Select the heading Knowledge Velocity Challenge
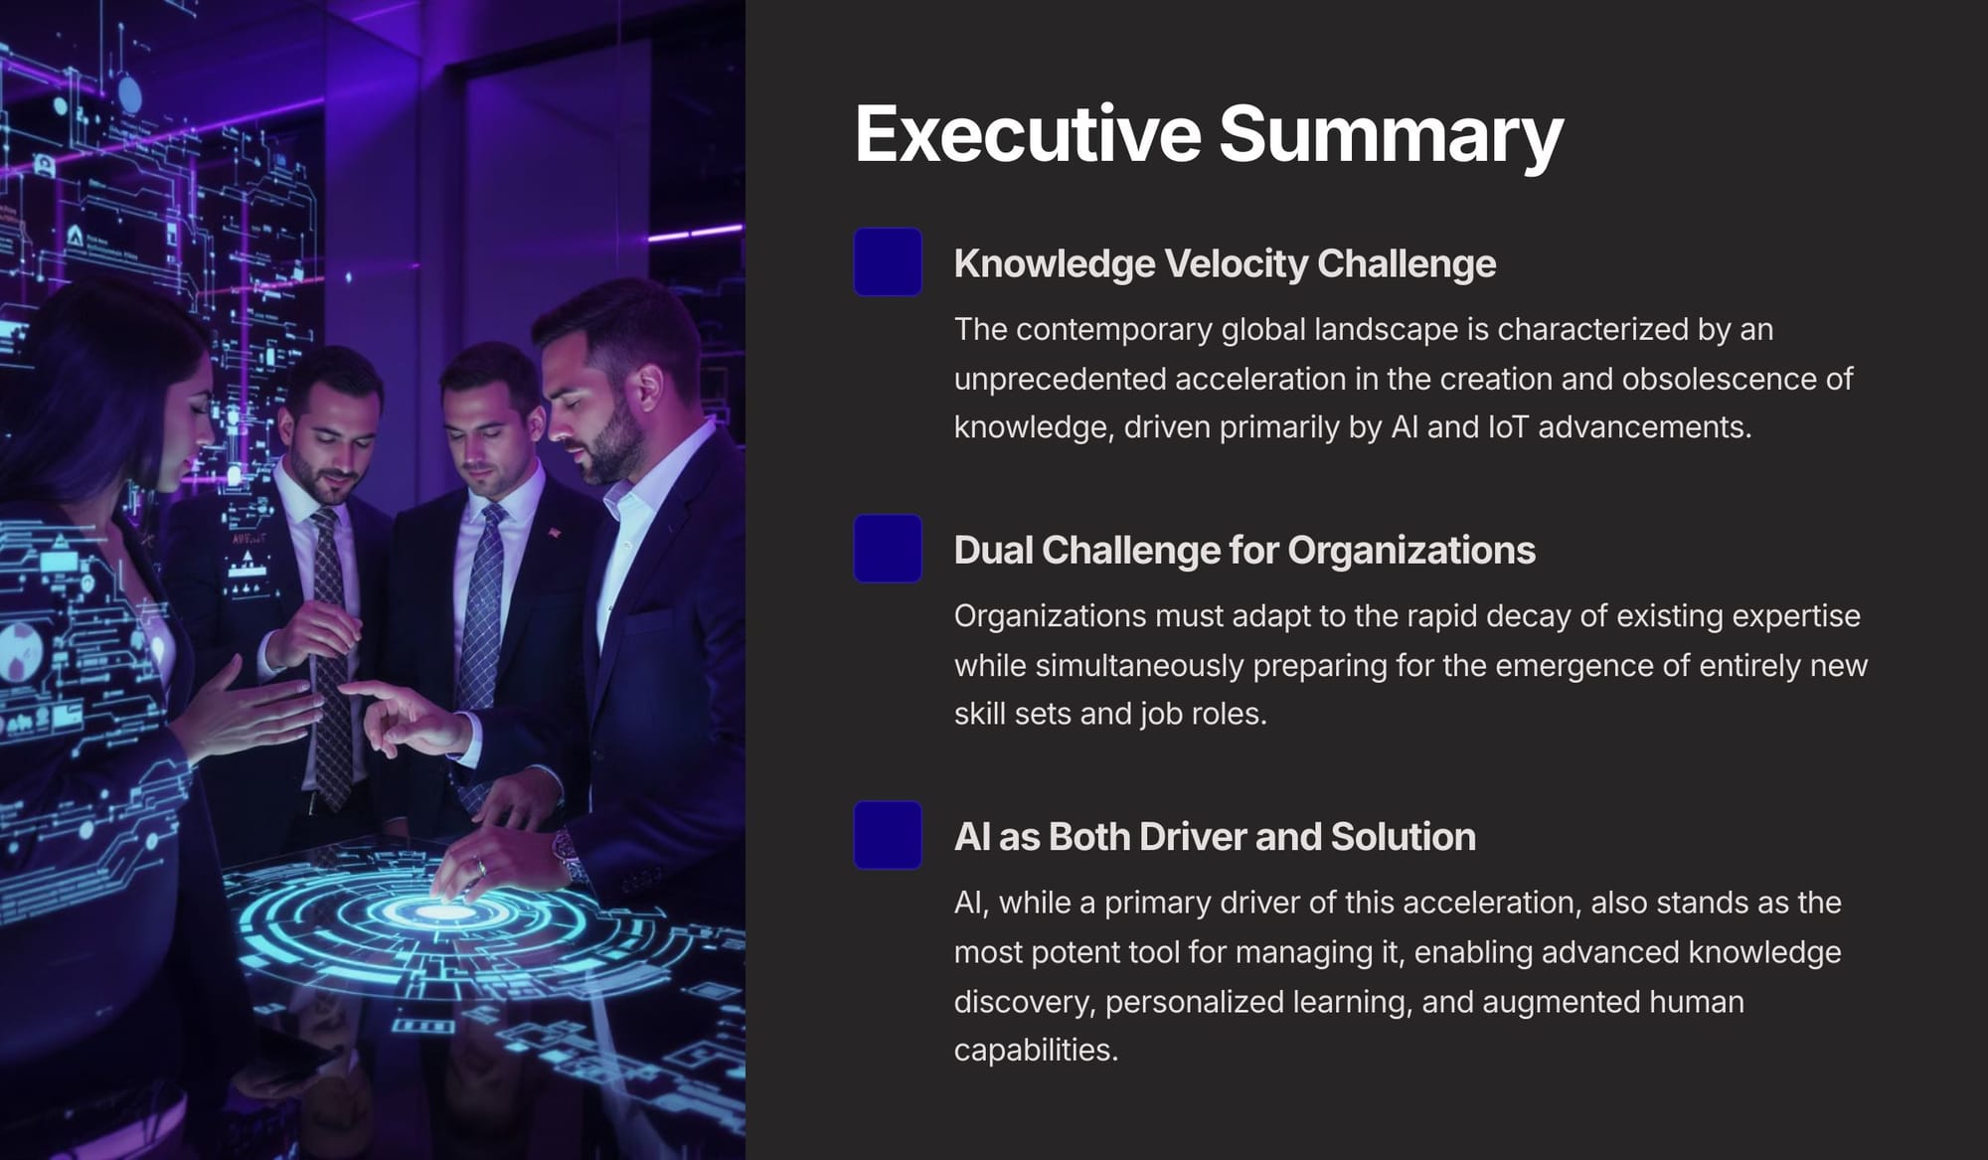[1225, 263]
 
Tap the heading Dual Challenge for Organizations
[1244, 550]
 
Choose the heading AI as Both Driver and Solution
[1215, 836]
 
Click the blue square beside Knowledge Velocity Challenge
[888, 261]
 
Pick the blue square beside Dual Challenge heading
[888, 548]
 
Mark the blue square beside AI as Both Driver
[888, 835]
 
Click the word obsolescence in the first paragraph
[1720, 378]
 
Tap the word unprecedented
[1060, 379]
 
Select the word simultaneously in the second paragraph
[1139, 665]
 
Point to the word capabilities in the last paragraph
[1036, 1051]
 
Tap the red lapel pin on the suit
[554, 534]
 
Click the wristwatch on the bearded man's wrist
[567, 853]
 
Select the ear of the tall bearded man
[649, 390]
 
